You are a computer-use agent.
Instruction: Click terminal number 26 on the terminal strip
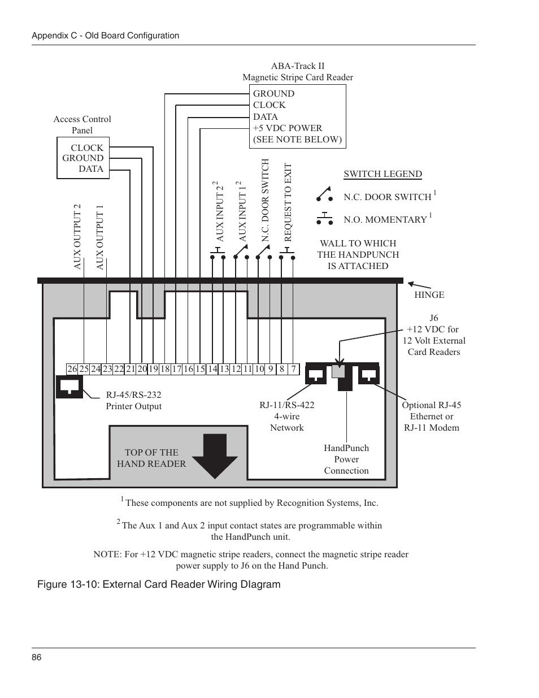point(72,369)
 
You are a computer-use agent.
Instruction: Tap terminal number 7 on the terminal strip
point(293,369)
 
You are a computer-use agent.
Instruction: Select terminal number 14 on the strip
point(212,369)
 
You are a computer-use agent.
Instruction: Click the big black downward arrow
point(215,456)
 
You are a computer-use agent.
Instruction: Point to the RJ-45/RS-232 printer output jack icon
point(69,386)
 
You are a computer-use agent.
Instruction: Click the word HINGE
point(429,294)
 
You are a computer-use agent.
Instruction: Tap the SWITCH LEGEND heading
point(382,174)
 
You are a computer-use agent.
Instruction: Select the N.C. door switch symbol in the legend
point(324,195)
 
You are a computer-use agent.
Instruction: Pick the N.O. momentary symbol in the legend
point(324,218)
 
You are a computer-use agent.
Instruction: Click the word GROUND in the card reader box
point(273,94)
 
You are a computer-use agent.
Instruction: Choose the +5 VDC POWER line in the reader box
point(287,128)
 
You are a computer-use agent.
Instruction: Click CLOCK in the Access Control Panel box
point(87,148)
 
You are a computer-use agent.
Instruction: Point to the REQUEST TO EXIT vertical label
point(288,202)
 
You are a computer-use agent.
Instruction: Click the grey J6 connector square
point(338,371)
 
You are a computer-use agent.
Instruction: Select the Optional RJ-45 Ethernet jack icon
point(369,374)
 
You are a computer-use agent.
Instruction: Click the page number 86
point(37,657)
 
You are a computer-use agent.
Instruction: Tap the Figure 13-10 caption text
point(159,584)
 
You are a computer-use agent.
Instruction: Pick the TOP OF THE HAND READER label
point(151,458)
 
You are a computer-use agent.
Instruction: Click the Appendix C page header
point(105,36)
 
